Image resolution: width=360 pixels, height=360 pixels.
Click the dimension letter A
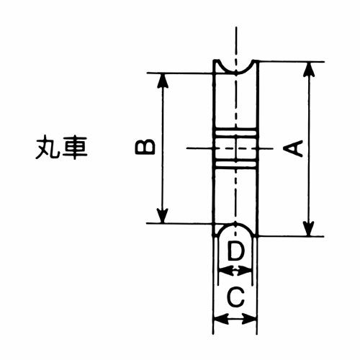tap(293, 149)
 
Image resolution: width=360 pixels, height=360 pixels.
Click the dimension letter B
tap(145, 147)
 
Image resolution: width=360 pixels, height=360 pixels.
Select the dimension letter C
tap(235, 297)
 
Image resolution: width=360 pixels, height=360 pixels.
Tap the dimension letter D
tap(235, 251)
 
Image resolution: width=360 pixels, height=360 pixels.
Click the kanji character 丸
tap(47, 148)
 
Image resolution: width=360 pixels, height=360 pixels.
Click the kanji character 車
tap(74, 148)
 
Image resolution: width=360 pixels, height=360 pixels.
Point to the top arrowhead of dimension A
tap(309, 70)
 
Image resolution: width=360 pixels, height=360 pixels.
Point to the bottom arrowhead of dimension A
tap(309, 229)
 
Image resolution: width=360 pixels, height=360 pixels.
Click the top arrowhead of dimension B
tap(163, 81)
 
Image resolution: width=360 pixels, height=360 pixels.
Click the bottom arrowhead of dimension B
tap(163, 216)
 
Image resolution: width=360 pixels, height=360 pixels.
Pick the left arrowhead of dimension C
tap(221, 320)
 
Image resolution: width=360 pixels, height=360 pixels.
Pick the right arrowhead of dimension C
tap(250, 320)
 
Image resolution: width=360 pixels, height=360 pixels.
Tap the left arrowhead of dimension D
tap(226, 272)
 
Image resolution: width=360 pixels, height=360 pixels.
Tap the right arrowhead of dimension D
tap(245, 272)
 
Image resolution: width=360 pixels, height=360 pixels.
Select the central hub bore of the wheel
tap(236, 148)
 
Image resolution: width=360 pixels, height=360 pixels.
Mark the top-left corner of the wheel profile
tap(215, 60)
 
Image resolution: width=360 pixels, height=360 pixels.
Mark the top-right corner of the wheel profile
tap(258, 61)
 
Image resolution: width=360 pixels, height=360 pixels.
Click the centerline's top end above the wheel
tap(236, 27)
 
